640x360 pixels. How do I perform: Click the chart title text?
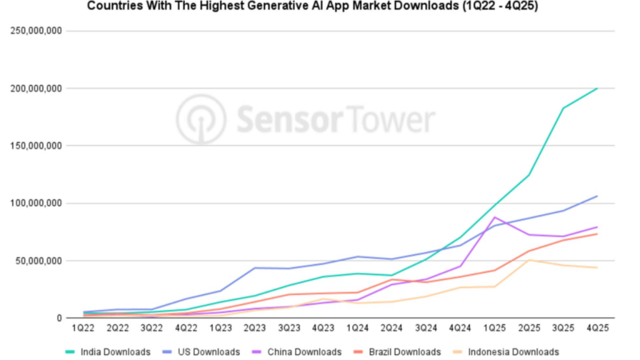[x=312, y=7]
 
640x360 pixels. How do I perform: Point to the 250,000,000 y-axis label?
[x=36, y=31]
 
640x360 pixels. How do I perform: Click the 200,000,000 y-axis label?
[x=36, y=88]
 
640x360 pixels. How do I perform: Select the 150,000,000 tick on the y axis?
[x=36, y=146]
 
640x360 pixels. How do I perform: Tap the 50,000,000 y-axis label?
[x=39, y=261]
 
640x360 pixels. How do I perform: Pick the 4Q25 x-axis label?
[x=597, y=328]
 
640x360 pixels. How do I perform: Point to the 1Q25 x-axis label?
[x=494, y=328]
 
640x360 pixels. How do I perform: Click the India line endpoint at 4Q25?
[x=597, y=88]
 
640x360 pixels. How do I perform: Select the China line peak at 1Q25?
[x=494, y=217]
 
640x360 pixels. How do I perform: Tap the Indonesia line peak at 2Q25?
[x=529, y=260]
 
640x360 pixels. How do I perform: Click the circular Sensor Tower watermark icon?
[x=200, y=119]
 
